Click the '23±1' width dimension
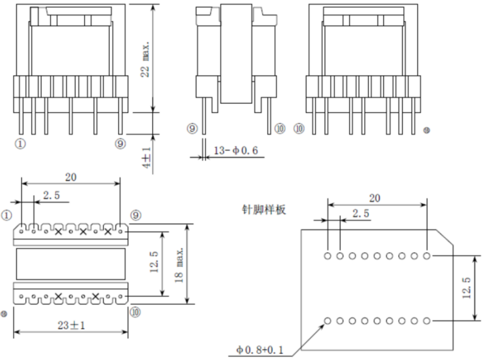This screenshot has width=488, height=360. [70, 324]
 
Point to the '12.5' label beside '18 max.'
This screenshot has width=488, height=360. [155, 262]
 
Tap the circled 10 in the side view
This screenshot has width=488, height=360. [280, 129]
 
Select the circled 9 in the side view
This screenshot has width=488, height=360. [192, 129]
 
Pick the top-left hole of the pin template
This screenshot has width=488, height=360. [328, 255]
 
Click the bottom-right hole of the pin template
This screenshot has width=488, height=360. [426, 320]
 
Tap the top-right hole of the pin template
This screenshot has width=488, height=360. [426, 255]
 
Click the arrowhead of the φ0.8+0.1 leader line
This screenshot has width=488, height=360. [324, 324]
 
